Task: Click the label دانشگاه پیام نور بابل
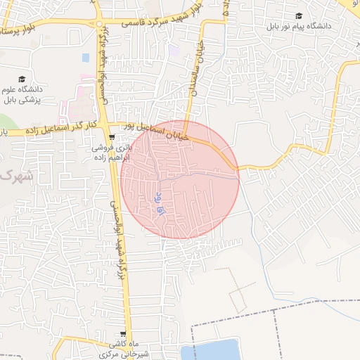coord(298,27)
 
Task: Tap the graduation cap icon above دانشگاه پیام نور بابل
coord(299,15)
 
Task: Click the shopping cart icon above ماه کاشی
coord(124,334)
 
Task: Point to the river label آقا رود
coord(157,205)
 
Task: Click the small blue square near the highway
coord(86,57)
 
